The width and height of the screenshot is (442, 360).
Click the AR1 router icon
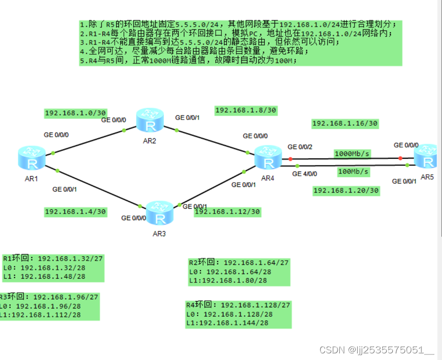(x=32, y=158)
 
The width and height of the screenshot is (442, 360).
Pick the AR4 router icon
(x=267, y=157)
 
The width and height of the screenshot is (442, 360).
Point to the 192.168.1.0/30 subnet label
(x=75, y=113)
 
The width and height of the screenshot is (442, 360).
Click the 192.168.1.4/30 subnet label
(x=75, y=211)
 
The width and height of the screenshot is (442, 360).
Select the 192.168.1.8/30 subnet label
(x=246, y=110)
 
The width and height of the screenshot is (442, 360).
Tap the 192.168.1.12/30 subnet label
(x=227, y=211)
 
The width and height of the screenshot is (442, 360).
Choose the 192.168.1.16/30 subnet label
(x=344, y=123)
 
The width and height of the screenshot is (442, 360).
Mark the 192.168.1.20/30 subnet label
(x=346, y=190)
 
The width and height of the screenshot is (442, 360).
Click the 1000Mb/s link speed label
(x=352, y=153)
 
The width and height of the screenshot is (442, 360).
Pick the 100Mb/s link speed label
(x=353, y=172)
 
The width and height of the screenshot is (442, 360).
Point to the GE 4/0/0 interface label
(x=305, y=174)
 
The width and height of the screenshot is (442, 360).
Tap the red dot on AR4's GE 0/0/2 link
(x=291, y=159)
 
